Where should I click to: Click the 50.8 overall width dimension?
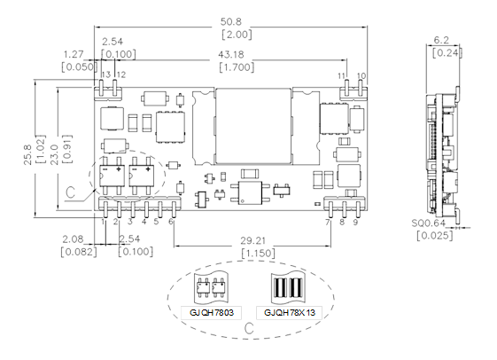(230, 21)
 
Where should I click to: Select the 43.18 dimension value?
(231, 55)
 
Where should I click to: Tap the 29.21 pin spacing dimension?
(252, 241)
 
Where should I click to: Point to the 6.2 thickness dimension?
(441, 40)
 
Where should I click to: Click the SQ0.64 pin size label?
(429, 223)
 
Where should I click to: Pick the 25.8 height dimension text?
(27, 155)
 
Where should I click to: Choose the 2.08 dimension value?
(73, 239)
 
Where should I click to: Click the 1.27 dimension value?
(74, 54)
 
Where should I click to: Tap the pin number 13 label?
(105, 74)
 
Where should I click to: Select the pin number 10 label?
(361, 75)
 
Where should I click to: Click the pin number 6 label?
(171, 222)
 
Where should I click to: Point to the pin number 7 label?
(328, 222)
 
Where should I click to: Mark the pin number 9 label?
(355, 222)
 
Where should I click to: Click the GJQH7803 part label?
(212, 313)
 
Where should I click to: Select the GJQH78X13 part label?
(290, 313)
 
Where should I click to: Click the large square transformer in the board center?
(253, 126)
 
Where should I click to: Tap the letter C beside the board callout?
(70, 192)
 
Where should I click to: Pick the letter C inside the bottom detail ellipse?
(250, 328)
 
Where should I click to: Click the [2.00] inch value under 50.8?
(237, 35)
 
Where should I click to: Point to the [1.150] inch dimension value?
(258, 254)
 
